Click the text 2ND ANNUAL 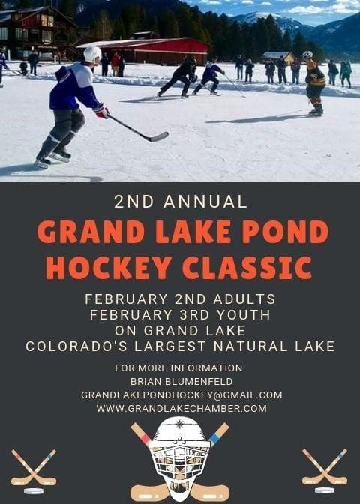coord(181,202)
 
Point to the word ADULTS coord(244,299)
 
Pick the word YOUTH coord(243,315)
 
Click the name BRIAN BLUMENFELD coord(181,382)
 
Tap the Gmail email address coord(181,395)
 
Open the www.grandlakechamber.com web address coord(181,409)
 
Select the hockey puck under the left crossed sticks coord(34,491)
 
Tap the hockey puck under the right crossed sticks coord(325,490)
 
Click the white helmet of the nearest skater coord(92,54)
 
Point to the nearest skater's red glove coord(102,112)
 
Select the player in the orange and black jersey coord(315,83)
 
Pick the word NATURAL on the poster coord(250,346)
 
